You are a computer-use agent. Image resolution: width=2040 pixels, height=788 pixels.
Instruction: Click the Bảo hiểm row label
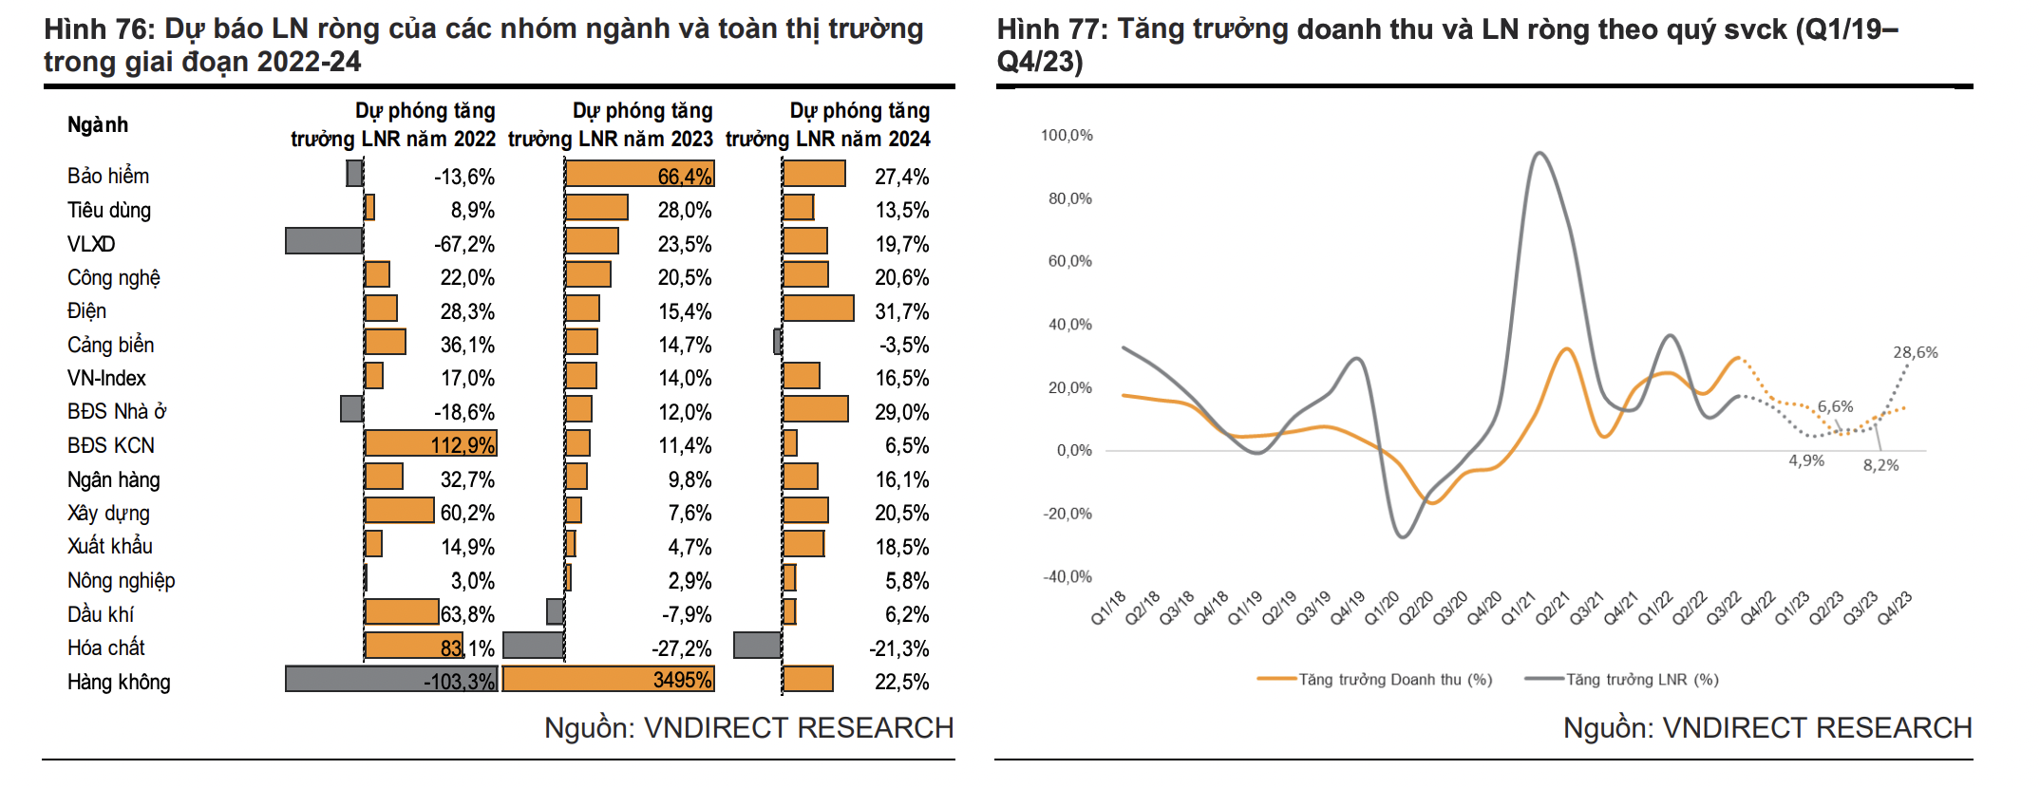(108, 176)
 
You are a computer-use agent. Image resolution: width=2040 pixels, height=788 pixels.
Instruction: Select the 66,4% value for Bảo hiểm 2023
(684, 176)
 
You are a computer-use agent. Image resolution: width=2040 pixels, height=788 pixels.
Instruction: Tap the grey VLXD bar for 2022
(324, 241)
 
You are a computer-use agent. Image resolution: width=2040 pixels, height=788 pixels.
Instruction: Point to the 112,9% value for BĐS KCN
(463, 445)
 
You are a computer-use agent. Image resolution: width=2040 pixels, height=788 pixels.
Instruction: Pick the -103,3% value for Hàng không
(459, 682)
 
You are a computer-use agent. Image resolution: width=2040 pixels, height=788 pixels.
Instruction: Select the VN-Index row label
(106, 378)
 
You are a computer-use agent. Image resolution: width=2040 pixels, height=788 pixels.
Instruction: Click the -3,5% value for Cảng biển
(903, 345)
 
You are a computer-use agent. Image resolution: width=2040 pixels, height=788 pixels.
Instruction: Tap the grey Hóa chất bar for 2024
(757, 646)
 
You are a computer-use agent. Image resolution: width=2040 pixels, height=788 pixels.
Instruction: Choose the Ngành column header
(98, 124)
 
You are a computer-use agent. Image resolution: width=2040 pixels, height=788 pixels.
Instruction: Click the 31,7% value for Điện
(901, 311)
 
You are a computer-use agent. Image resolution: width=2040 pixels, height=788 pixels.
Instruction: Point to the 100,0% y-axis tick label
(1067, 136)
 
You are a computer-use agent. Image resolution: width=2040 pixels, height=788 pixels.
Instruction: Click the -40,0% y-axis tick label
(1067, 576)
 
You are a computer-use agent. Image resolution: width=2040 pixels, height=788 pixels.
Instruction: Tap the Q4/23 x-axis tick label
(1894, 608)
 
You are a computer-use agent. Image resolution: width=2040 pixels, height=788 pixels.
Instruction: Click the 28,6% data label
(1915, 352)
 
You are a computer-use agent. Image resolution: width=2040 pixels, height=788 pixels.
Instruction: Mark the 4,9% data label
(1806, 460)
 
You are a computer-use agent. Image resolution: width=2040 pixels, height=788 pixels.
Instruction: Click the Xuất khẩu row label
(110, 546)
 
